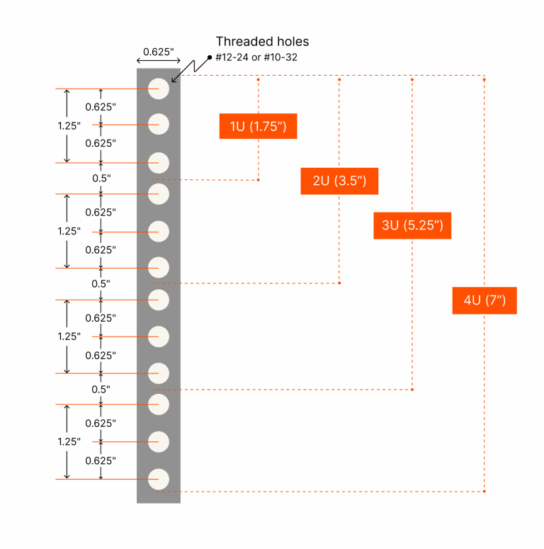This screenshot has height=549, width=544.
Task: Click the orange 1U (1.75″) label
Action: click(x=258, y=126)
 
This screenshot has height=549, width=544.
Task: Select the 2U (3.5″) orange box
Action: click(x=339, y=181)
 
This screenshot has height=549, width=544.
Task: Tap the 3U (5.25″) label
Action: click(x=412, y=225)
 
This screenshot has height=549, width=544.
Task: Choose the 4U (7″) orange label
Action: click(x=484, y=300)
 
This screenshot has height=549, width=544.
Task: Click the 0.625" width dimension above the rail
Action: click(x=159, y=51)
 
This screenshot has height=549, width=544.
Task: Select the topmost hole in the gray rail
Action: click(x=159, y=89)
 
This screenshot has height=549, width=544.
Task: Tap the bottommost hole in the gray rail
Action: click(x=159, y=479)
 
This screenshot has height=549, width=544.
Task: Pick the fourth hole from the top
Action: click(x=159, y=193)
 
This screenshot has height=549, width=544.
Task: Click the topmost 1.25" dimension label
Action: click(x=69, y=125)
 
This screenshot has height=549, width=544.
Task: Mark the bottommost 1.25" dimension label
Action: click(x=69, y=441)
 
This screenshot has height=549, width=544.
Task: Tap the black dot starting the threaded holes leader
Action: click(x=210, y=57)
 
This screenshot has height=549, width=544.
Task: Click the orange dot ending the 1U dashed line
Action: click(x=259, y=180)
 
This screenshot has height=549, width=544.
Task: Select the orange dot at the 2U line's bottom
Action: click(x=340, y=283)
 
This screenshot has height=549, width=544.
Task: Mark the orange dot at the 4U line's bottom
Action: click(x=484, y=491)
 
